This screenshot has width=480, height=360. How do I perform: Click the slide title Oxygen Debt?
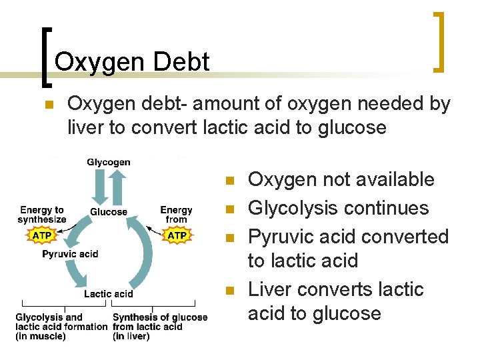coord(132,62)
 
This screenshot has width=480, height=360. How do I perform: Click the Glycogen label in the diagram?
coord(109,162)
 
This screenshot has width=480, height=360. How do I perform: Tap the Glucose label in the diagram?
coord(109,212)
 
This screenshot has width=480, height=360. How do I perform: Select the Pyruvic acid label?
coord(70,254)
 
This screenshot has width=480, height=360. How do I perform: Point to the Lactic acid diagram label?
coord(109,294)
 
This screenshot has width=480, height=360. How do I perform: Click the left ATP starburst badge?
coord(41,235)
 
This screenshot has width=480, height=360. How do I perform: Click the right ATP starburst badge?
coord(177,235)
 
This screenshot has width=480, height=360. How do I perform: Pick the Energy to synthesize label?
coord(42,215)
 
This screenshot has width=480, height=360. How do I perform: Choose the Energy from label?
coord(176,215)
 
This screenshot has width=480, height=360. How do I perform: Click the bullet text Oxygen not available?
coord(341,179)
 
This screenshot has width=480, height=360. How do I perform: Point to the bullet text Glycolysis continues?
coord(338,208)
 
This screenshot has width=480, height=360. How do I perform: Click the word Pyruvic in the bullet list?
coord(281,237)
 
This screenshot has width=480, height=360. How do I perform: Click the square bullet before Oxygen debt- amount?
coord(47,105)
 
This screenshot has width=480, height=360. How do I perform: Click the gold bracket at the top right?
coord(438,41)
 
